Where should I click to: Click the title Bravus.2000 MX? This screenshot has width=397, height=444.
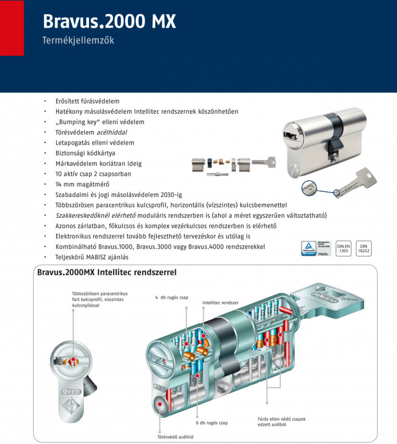[109, 21]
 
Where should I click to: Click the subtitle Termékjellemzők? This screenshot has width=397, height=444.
[78, 40]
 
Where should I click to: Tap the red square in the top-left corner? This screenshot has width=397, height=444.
[12, 28]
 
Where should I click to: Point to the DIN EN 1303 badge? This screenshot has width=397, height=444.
[344, 248]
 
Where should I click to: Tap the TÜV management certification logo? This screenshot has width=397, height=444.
[316, 248]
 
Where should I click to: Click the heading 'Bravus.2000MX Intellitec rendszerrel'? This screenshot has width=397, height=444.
[107, 272]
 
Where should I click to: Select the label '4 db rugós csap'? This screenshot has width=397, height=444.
[171, 297]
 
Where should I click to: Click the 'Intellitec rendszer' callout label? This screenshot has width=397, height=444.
[220, 302]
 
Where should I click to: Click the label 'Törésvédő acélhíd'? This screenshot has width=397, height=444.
[175, 437]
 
